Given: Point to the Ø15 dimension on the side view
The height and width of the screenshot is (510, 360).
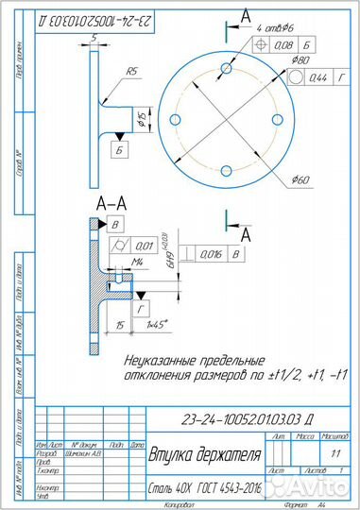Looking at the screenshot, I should point(141,118).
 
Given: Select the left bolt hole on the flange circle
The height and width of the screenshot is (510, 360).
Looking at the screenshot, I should point(176,118).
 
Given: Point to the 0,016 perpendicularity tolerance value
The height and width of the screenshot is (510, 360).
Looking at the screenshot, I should point(212,254).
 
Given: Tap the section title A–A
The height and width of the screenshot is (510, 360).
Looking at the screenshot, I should point(112,204).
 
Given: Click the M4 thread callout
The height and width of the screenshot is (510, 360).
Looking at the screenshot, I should point(137,262).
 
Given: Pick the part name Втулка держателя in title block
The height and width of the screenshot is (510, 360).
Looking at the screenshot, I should point(204,455).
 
